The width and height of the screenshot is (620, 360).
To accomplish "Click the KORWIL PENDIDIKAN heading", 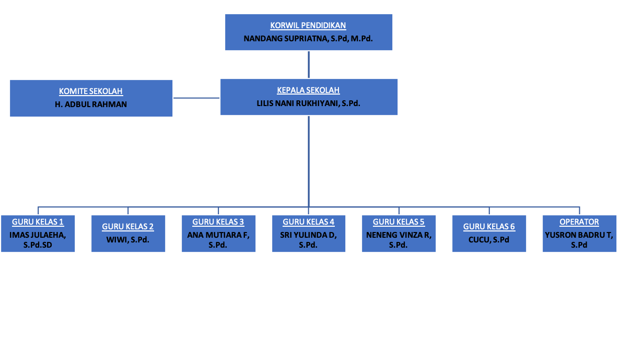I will click(x=308, y=26).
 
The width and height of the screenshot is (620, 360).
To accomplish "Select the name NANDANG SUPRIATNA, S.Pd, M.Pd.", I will click(x=308, y=39).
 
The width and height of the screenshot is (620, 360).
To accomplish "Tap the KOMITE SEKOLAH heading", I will click(x=91, y=91).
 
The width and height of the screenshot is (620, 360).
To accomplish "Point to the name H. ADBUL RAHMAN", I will click(x=91, y=104).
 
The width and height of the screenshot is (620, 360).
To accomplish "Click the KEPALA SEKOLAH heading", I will click(x=309, y=90).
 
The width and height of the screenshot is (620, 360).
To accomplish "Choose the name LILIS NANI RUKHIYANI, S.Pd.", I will click(x=309, y=103).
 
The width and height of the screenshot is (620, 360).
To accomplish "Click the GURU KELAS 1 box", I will click(x=38, y=234).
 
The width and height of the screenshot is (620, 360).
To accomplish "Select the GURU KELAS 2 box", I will click(x=128, y=234).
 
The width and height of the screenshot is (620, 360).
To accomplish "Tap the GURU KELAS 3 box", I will click(x=218, y=234).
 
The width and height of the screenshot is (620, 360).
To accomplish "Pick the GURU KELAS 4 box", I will click(x=309, y=234).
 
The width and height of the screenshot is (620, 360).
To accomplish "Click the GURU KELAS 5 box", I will click(x=399, y=234).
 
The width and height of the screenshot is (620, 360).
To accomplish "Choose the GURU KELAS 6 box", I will click(x=489, y=234).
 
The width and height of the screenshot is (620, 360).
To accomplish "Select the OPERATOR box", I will click(x=579, y=234).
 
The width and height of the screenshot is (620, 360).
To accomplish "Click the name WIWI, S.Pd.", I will click(x=128, y=240).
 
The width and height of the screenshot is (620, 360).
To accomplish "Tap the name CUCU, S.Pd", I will click(x=489, y=240).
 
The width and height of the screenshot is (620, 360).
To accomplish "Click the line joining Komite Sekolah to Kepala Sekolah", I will click(x=196, y=98).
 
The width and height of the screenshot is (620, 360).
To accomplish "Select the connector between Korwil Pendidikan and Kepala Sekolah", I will click(x=309, y=65).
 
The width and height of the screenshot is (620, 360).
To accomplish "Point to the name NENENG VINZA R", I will click(x=399, y=235).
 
